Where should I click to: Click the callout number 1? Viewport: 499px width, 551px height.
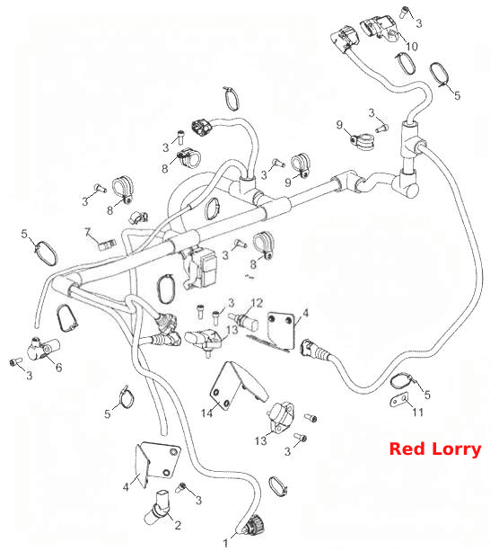coord(225,543)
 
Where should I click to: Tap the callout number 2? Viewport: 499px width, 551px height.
coord(178,525)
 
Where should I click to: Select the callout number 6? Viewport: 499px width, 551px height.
coord(59,368)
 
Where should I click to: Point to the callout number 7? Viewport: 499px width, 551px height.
coord(88,232)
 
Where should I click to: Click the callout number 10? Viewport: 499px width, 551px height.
coord(412,47)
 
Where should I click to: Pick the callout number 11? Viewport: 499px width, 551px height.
coord(417,412)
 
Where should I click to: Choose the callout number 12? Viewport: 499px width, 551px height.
coord(257,303)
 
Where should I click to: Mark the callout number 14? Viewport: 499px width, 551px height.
coord(206,413)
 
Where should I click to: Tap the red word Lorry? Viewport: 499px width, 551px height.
coord(456,449)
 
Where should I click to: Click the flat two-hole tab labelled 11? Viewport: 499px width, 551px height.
coord(399,401)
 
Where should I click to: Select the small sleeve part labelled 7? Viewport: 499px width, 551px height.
coord(107,244)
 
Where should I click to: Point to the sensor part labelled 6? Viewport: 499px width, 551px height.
coord(43,349)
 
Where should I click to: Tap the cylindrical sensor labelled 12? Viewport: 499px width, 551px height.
coord(243,321)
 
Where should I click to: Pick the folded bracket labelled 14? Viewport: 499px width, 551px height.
coord(239,387)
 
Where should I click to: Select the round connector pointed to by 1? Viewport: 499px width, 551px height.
coord(254,526)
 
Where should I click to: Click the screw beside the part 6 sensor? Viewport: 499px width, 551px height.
coord(15,361)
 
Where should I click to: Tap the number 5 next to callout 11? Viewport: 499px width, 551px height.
coord(427,395)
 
